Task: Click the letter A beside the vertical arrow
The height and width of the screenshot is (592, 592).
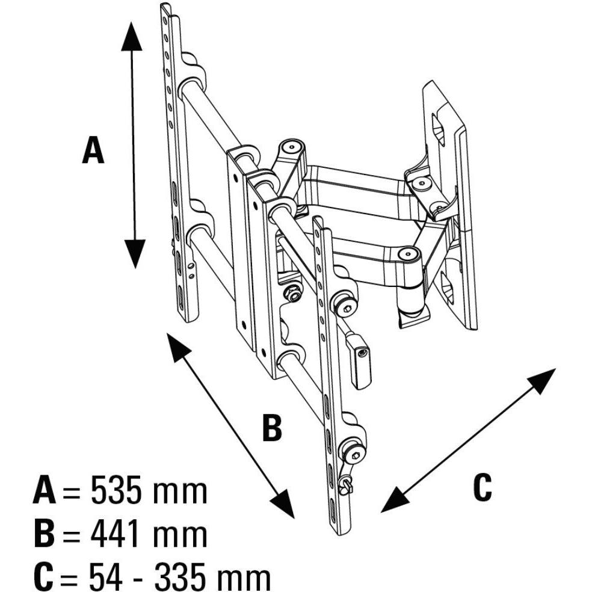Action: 93,150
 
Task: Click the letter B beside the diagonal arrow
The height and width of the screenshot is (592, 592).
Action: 272,428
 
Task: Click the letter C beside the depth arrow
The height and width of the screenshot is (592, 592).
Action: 482,487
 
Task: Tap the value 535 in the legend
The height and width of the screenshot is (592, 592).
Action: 117,491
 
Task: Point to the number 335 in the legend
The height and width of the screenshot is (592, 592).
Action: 181,577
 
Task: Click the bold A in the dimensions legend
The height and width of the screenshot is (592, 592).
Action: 45,491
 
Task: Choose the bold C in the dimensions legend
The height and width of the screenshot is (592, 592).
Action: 43,577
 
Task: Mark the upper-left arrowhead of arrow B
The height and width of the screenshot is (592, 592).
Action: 178,346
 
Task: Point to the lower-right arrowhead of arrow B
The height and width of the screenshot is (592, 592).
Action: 282,504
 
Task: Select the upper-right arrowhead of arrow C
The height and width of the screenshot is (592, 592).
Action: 542,381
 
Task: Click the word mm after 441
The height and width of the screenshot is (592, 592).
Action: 180,537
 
